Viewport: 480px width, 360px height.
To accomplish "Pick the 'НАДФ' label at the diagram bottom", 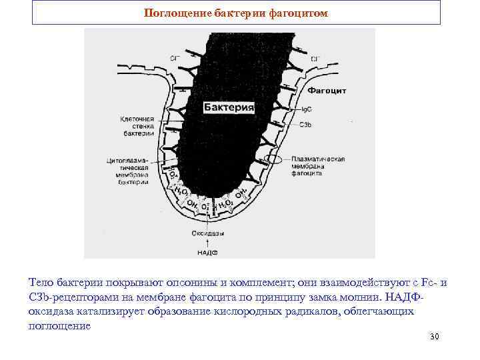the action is pyautogui.click(x=207, y=253).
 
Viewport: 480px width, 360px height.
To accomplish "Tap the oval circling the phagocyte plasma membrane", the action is pyautogui.click(x=273, y=160).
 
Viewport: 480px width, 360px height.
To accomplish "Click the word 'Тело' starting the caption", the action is pyautogui.click(x=41, y=283).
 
